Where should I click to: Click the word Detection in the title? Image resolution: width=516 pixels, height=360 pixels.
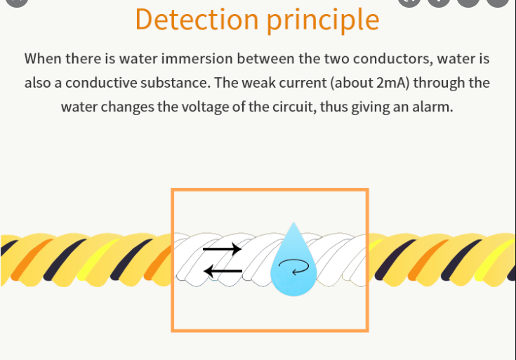(197, 19)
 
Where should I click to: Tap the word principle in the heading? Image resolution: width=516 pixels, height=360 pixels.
(323, 20)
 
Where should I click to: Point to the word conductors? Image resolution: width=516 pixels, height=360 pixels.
(393, 59)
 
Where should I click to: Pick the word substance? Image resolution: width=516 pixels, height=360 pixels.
(176, 83)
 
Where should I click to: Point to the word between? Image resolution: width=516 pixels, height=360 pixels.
(266, 58)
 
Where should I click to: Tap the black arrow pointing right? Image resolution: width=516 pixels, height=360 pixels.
(222, 249)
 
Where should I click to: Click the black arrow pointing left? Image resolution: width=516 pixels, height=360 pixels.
(223, 271)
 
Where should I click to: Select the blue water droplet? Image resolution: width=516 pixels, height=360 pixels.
(293, 260)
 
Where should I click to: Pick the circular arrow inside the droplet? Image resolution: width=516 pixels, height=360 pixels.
(294, 266)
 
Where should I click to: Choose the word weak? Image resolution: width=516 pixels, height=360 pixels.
(258, 83)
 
